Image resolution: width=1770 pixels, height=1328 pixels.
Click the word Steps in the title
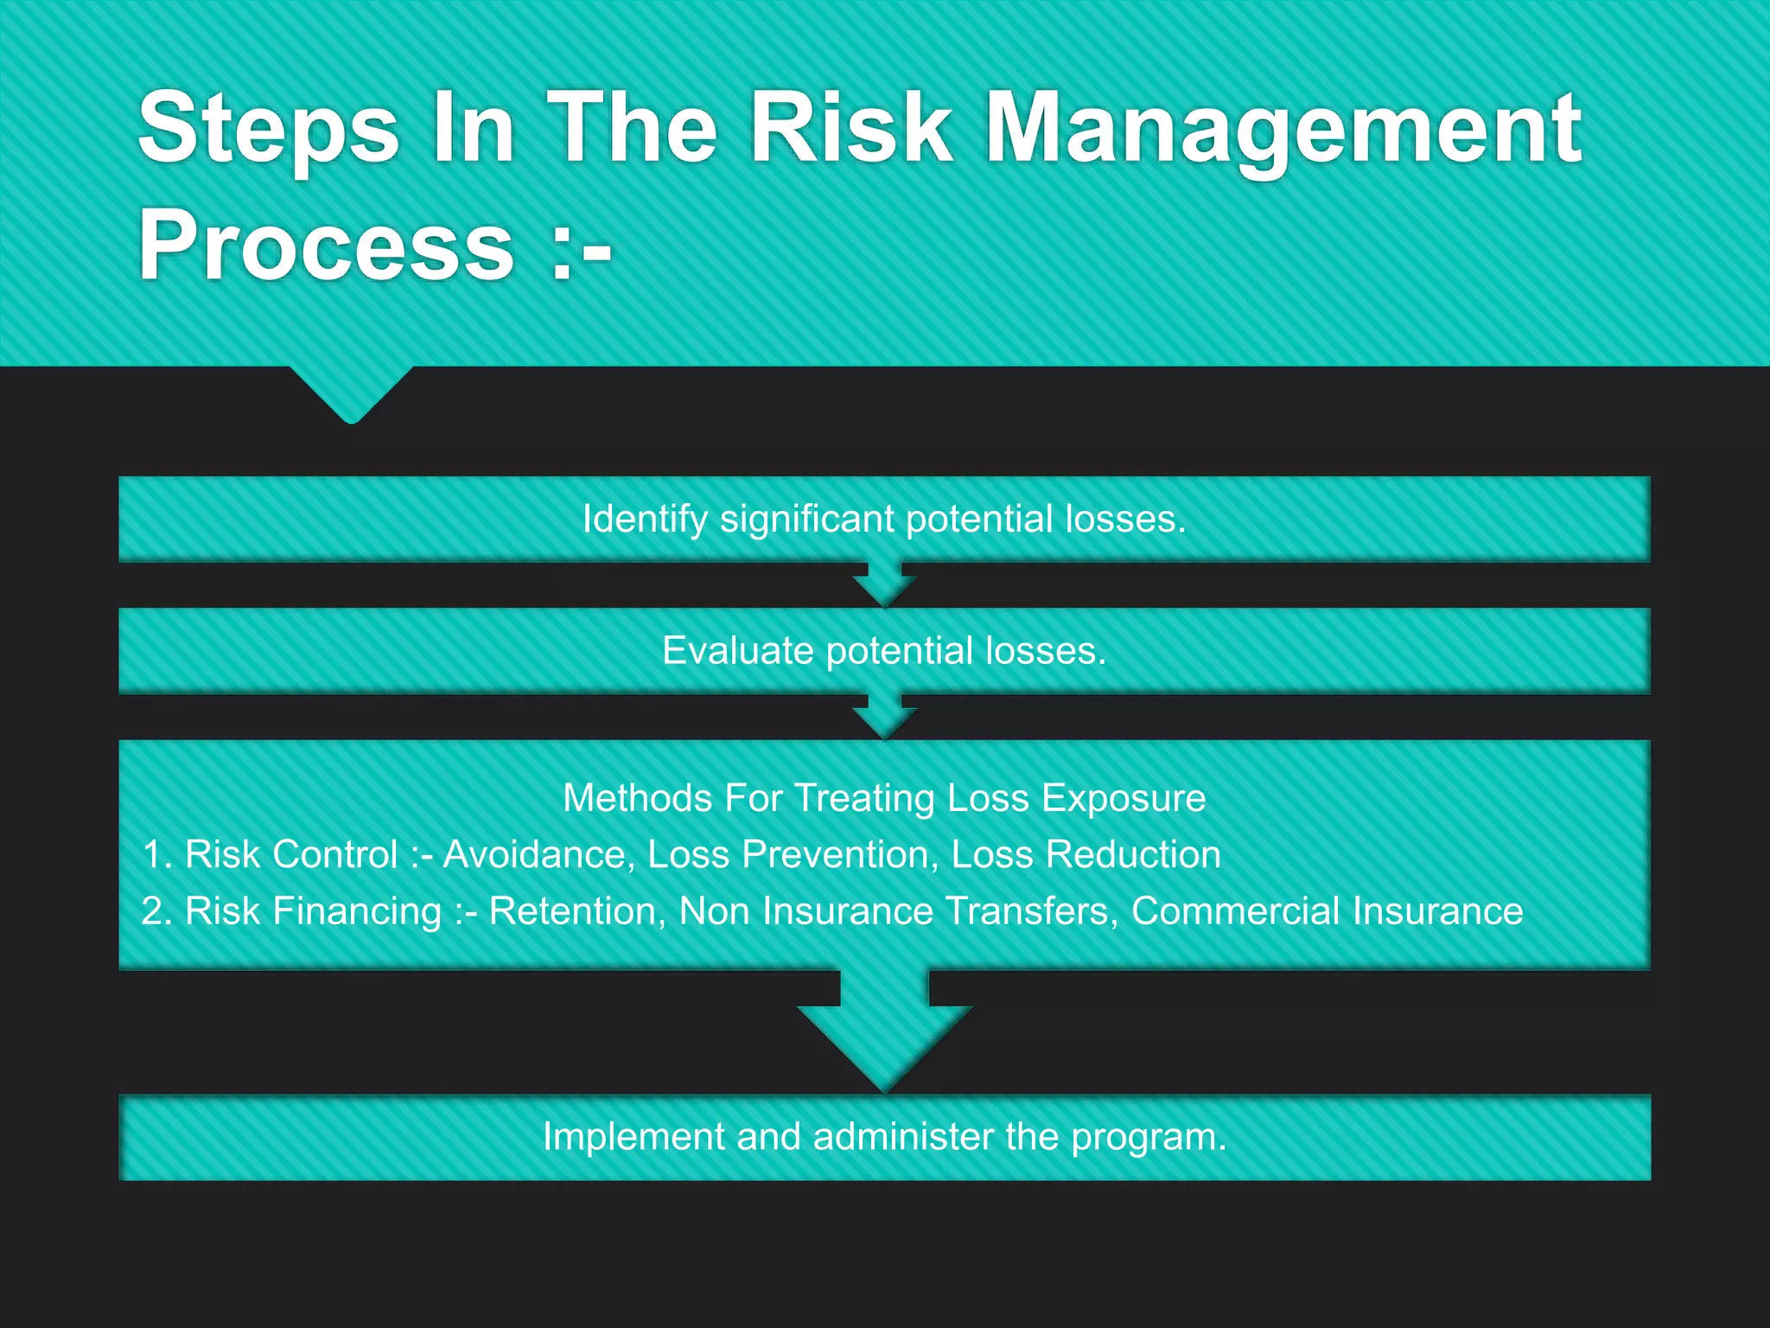pyautogui.click(x=269, y=130)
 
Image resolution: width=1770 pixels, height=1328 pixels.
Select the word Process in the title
pyautogui.click(x=327, y=246)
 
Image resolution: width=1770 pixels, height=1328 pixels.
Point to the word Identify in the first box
pyautogui.click(x=645, y=520)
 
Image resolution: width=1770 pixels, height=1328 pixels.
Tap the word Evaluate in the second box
pyautogui.click(x=737, y=651)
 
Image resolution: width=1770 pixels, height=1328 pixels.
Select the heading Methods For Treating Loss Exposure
pyautogui.click(x=884, y=798)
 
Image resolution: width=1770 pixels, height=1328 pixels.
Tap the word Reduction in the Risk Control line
pyautogui.click(x=1133, y=855)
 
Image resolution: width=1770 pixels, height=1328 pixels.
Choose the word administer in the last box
pyautogui.click(x=903, y=1137)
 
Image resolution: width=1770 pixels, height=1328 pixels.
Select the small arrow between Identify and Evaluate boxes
pyautogui.click(x=884, y=585)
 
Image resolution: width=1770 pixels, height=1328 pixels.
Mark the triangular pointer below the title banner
pyautogui.click(x=352, y=393)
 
